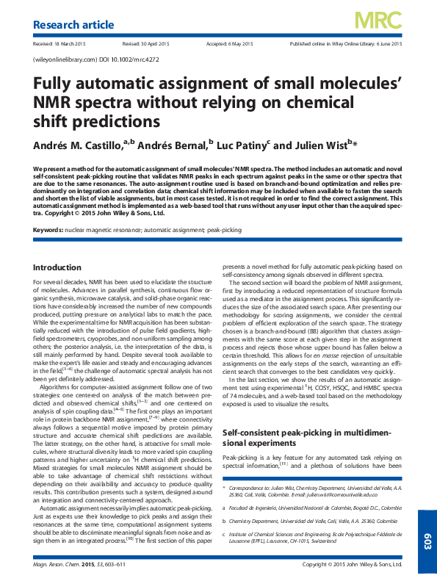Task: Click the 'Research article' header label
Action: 73,25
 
